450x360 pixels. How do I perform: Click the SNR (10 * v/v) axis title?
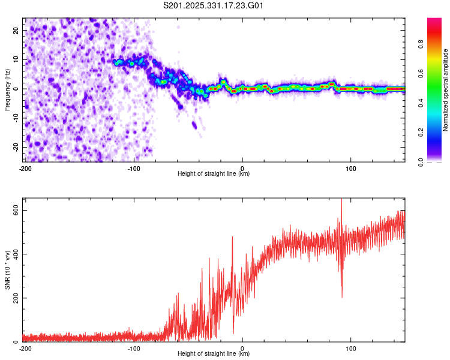pyautogui.click(x=7, y=270)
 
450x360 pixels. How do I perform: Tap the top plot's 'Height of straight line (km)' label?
pyautogui.click(x=214, y=173)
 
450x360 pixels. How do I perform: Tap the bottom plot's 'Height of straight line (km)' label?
pyautogui.click(x=214, y=353)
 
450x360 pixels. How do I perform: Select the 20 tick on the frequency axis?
pyautogui.click(x=17, y=30)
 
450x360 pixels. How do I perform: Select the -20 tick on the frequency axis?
pyautogui.click(x=16, y=147)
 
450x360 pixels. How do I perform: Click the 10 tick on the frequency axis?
pyautogui.click(x=17, y=59)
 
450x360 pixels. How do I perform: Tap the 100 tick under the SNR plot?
pyautogui.click(x=351, y=347)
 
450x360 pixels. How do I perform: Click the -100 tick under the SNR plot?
pyautogui.click(x=133, y=347)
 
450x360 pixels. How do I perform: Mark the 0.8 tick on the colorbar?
pyautogui.click(x=421, y=44)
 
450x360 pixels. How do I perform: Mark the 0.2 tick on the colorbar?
pyautogui.click(x=421, y=132)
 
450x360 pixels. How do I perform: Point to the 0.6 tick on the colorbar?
pyautogui.click(x=421, y=73)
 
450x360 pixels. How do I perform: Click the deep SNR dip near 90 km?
pyautogui.click(x=342, y=296)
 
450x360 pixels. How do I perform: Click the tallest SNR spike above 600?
pyautogui.click(x=341, y=200)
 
